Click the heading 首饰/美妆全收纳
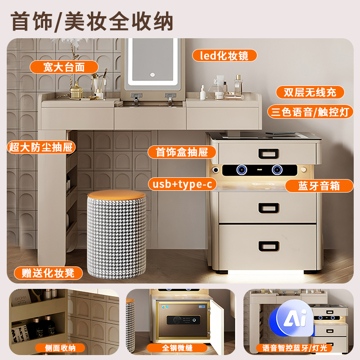point(92,21)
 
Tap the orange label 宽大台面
point(64,67)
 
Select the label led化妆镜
point(225,55)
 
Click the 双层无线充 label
point(310,92)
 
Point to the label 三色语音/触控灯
point(310,112)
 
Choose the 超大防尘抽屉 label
point(41,147)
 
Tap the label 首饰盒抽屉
point(182,152)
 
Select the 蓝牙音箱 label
point(319,185)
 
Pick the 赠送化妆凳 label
point(49,273)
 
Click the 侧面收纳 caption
point(60,347)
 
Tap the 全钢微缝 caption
point(178,347)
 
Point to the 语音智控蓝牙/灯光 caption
point(294,348)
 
